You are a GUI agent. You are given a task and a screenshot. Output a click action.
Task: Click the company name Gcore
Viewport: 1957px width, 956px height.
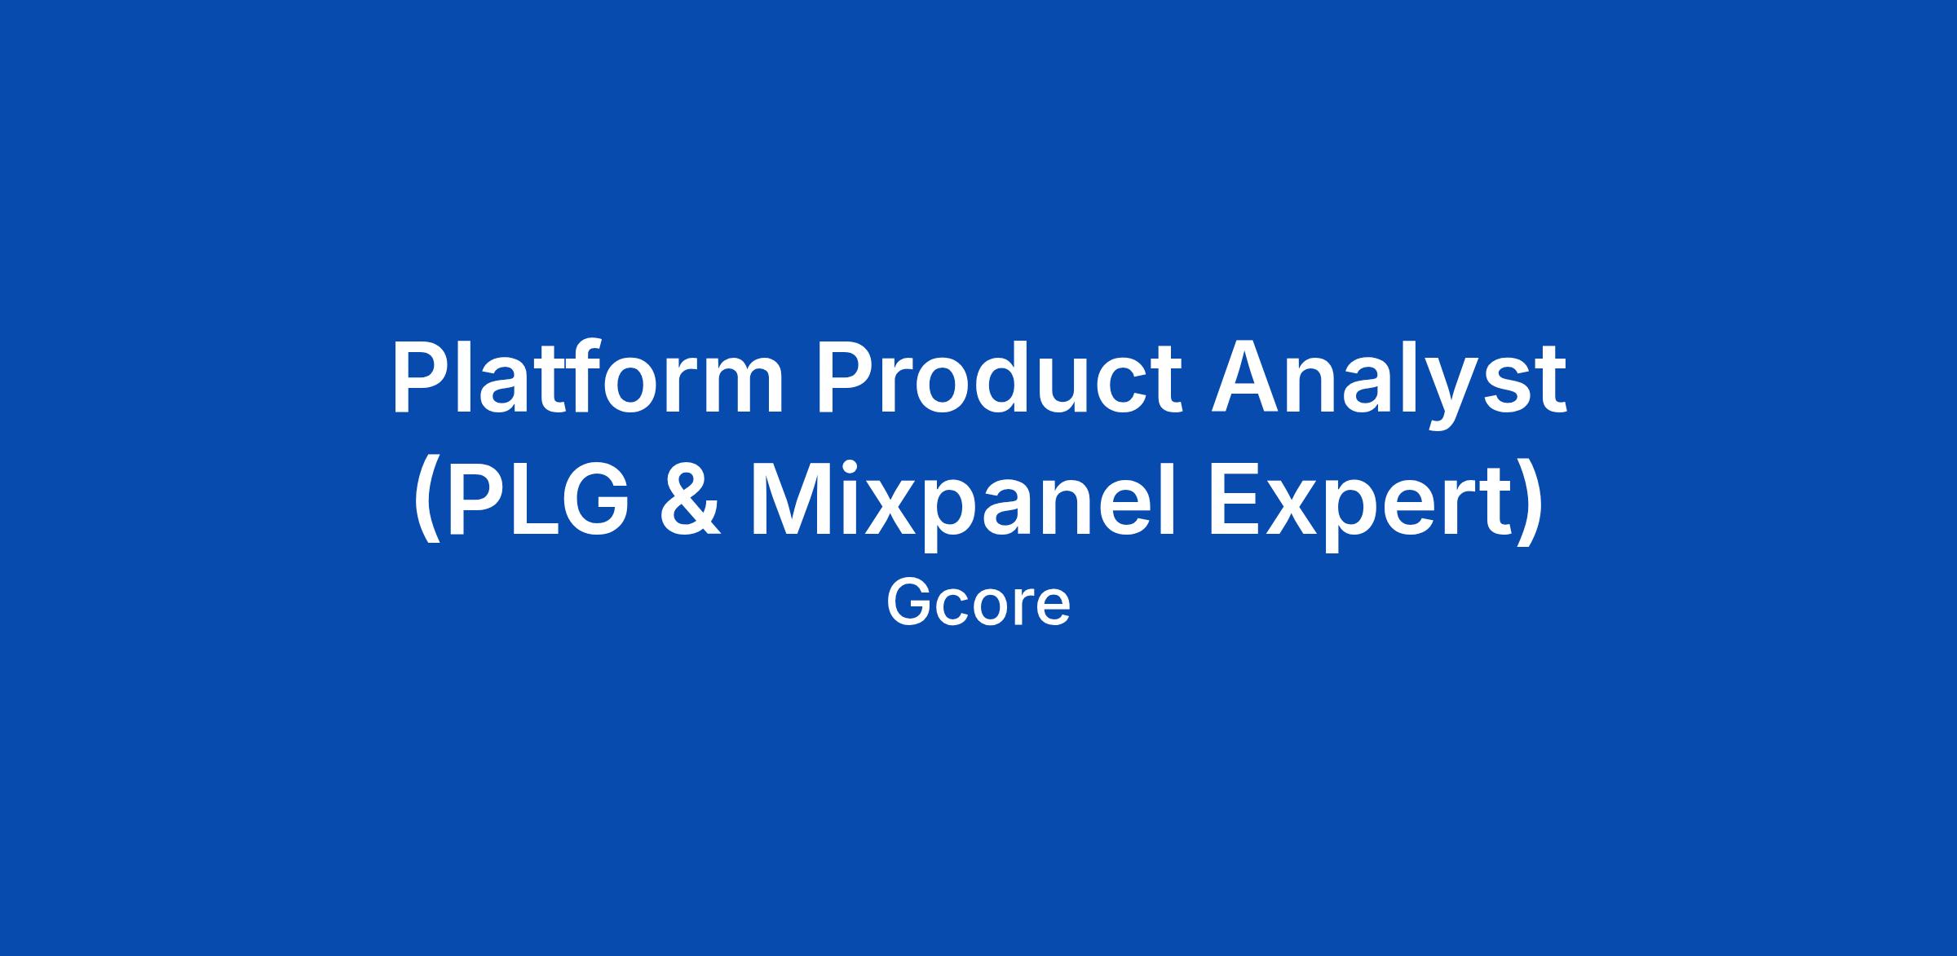click(x=978, y=604)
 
